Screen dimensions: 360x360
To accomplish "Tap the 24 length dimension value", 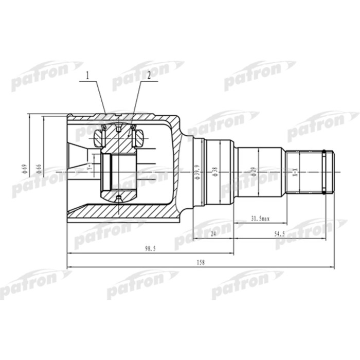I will tap(213, 233).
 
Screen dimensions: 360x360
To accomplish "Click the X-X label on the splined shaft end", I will tap(295, 172).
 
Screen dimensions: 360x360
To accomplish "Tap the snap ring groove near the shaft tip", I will tap(324, 172).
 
